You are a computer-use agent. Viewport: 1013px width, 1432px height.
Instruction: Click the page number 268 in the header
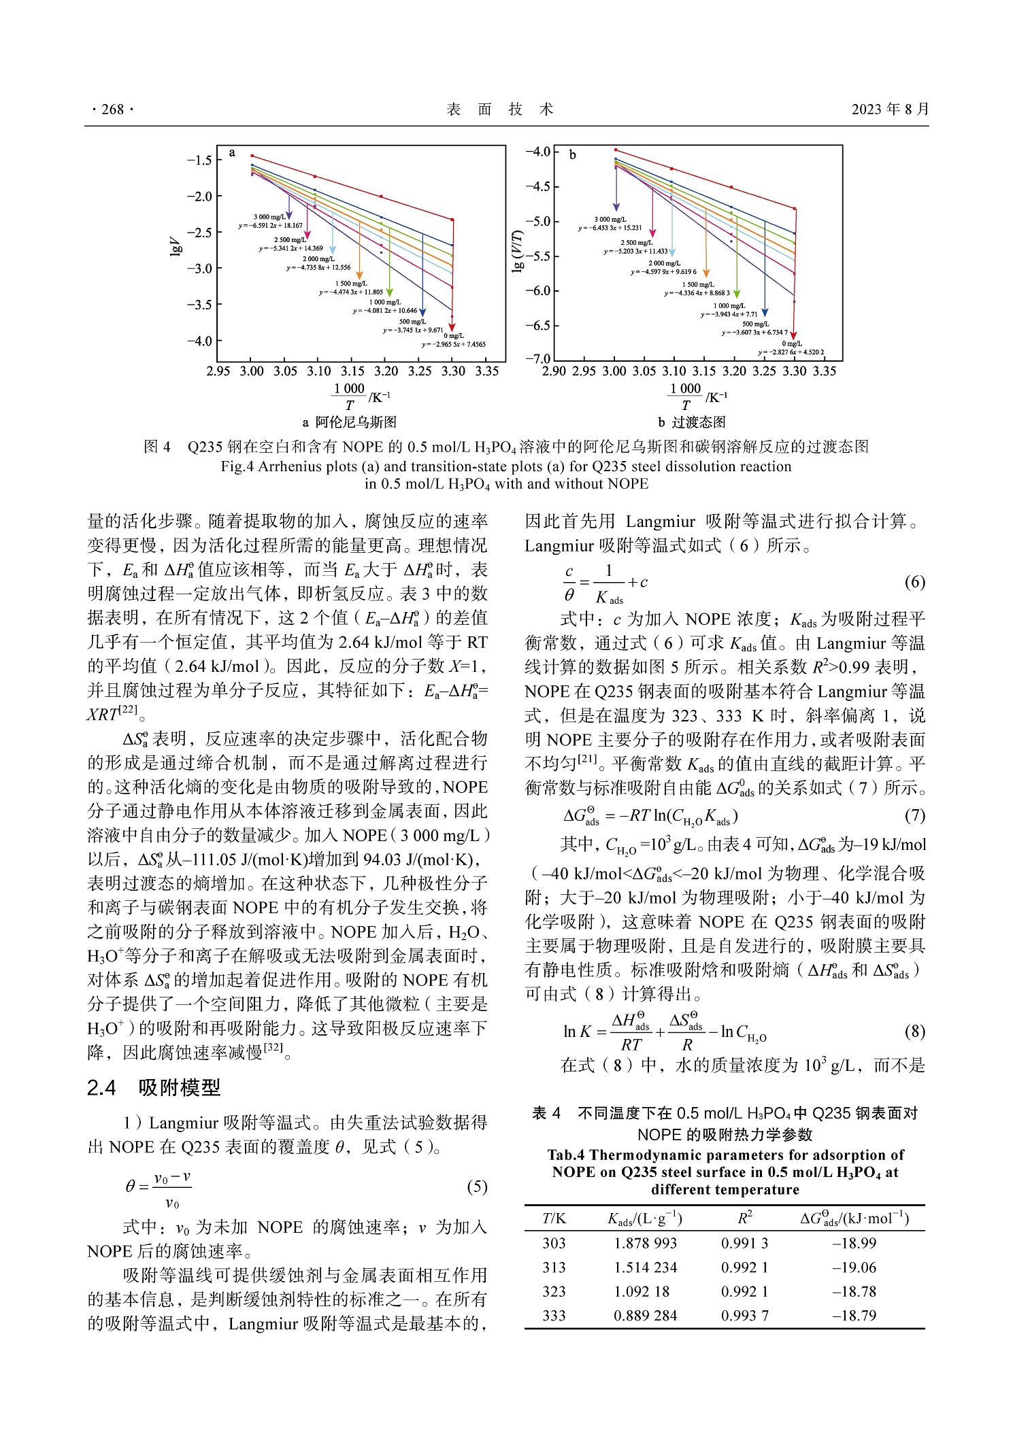click(112, 109)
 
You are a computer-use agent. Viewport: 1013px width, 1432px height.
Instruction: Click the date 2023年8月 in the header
click(890, 109)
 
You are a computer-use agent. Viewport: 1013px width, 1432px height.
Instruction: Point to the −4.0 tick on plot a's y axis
click(199, 341)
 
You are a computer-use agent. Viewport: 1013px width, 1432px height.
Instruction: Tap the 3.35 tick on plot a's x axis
click(487, 371)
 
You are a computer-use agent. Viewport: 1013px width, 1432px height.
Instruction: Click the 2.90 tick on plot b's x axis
click(554, 371)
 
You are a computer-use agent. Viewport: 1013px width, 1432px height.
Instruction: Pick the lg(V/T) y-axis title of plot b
click(518, 251)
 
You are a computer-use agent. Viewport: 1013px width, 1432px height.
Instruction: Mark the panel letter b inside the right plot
click(572, 155)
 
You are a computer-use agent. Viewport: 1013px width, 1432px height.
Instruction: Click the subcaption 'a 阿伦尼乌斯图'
click(350, 422)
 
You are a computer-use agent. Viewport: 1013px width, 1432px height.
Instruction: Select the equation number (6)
click(914, 582)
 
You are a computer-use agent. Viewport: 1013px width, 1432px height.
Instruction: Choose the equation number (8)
click(914, 1032)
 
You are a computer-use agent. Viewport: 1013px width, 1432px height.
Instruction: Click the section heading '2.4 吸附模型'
click(154, 1088)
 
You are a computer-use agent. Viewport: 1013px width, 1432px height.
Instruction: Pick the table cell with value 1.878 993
click(645, 1244)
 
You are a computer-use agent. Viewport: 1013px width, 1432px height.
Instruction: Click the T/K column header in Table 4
click(554, 1218)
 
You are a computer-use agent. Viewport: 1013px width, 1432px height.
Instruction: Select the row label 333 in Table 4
click(554, 1316)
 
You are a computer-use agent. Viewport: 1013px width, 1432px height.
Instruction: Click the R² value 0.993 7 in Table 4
click(744, 1316)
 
